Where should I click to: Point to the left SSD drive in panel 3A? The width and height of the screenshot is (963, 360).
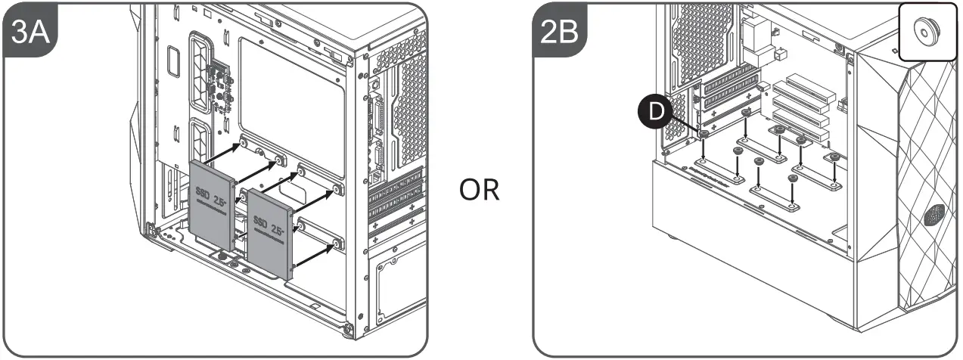click(x=210, y=204)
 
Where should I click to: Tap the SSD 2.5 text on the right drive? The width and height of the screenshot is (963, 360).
click(x=269, y=225)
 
